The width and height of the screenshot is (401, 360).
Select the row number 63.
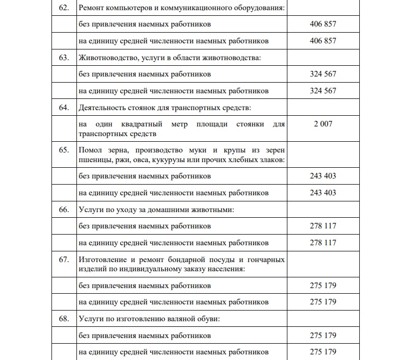point(64,58)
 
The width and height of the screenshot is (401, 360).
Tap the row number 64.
point(64,108)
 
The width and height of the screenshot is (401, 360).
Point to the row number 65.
point(64,150)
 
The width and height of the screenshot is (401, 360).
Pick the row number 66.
point(64,210)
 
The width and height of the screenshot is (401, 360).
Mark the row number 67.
point(64,259)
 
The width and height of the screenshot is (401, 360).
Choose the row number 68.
point(64,319)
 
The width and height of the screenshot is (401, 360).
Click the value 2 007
point(323,123)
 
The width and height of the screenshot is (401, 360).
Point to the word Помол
point(91,150)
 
